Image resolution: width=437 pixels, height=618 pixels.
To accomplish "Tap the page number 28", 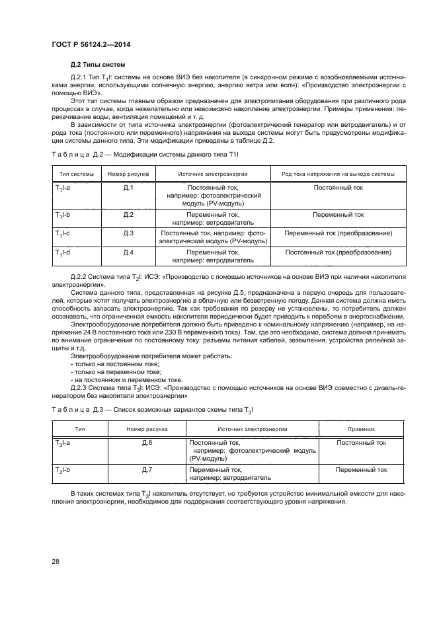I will coord(56,561).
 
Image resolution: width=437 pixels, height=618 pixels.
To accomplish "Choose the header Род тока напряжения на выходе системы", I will coord(338,174).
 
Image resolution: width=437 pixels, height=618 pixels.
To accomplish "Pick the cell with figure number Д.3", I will coord(128,233).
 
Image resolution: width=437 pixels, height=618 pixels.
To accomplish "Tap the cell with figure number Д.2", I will coord(128,215).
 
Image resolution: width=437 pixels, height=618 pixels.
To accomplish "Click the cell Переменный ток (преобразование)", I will coord(338,233).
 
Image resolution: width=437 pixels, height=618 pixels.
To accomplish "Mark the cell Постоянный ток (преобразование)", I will coord(338,252).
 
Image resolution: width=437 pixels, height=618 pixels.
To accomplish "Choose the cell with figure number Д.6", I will coord(147,443).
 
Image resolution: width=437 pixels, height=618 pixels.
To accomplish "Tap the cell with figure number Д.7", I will coord(147,470).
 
